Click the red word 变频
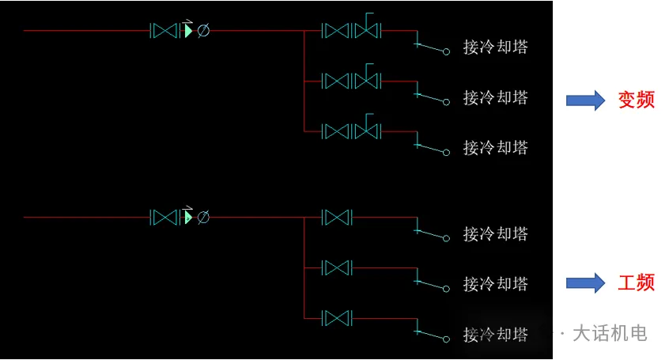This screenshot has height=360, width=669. click(x=636, y=100)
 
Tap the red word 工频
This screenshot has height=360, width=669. click(x=636, y=282)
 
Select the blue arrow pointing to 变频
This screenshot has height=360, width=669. click(x=585, y=100)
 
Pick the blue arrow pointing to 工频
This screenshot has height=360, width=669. click(x=585, y=282)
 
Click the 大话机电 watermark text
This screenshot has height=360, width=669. click(x=609, y=333)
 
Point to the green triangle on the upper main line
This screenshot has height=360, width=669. click(x=188, y=31)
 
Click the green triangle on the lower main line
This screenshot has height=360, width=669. click(x=188, y=217)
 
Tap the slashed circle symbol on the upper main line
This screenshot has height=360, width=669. click(x=203, y=31)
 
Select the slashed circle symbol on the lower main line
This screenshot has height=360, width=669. click(x=203, y=217)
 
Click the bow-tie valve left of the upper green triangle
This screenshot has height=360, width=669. click(x=164, y=31)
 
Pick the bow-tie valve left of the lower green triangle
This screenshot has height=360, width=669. click(x=164, y=217)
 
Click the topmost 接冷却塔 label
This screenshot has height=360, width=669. click(x=495, y=47)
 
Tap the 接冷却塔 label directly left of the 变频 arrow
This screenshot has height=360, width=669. click(x=495, y=97)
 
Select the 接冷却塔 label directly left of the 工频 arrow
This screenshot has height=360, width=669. click(x=495, y=283)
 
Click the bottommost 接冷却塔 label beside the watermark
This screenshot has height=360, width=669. click(x=495, y=334)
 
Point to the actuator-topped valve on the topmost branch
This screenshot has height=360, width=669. click(x=368, y=30)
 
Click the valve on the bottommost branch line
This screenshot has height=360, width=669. click(x=337, y=318)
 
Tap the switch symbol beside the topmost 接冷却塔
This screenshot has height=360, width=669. click(x=432, y=47)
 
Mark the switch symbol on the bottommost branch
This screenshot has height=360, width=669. click(x=432, y=335)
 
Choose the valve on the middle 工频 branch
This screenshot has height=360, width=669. click(x=337, y=267)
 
